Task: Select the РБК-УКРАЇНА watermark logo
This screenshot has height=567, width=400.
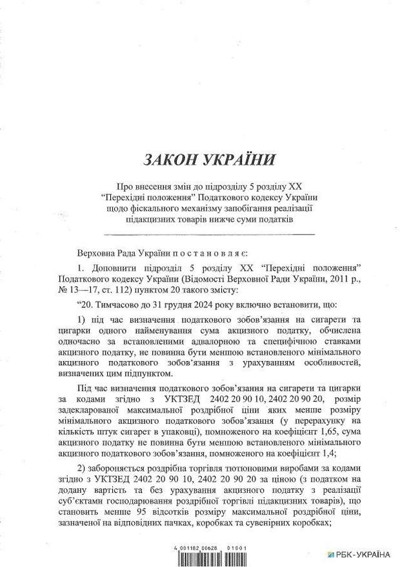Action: [359, 554]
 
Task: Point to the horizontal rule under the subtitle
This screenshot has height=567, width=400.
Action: [209, 234]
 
